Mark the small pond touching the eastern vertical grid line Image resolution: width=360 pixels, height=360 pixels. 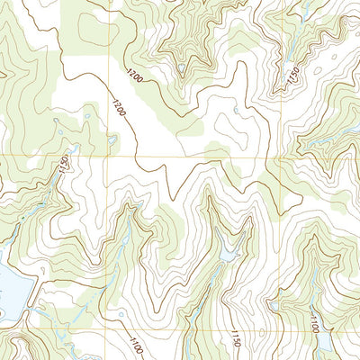[269, 306]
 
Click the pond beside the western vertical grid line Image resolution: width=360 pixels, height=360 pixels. [112, 139]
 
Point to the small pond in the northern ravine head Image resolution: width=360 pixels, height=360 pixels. [181, 67]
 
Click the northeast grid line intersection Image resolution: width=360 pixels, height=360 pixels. [271, 161]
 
